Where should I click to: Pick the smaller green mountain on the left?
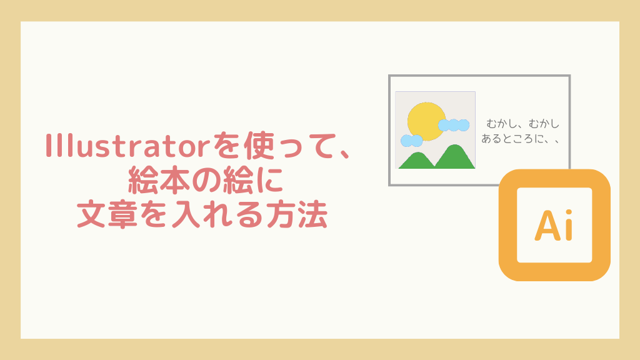pos(417,161)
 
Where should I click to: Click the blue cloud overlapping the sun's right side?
pos(454,125)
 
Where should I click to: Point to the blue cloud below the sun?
pos(411,141)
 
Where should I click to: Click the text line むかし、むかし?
pos(523,123)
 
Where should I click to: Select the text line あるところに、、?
pos(520,139)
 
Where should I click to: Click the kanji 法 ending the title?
pos(314,214)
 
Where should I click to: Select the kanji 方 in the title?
pos(282,214)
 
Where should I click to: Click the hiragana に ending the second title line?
pos(269,180)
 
